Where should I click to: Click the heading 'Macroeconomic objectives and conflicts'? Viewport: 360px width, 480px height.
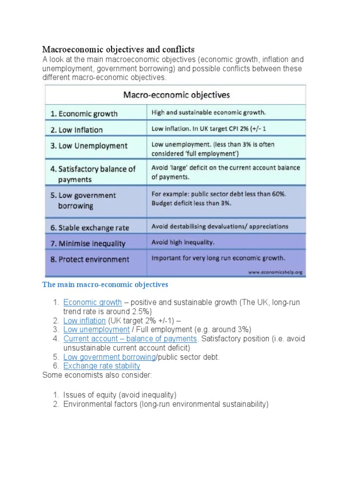tap(118, 49)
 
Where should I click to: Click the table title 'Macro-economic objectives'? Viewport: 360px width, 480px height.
tap(176, 95)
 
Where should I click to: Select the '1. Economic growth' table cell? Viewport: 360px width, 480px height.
tap(84, 113)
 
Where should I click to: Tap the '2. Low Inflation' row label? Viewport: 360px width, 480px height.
tap(76, 130)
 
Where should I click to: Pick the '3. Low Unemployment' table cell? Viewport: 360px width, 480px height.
tap(89, 146)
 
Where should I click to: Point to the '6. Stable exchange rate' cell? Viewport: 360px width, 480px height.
tap(90, 228)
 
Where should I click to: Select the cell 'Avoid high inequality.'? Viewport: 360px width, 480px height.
tap(183, 242)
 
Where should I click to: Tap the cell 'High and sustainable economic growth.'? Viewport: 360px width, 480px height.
tap(209, 112)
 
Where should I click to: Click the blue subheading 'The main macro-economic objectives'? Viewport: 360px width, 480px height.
tap(105, 285)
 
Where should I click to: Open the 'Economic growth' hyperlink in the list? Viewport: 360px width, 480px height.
tap(93, 302)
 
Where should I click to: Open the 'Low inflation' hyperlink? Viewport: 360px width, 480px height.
tap(85, 321)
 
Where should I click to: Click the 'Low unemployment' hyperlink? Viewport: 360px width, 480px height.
tap(97, 330)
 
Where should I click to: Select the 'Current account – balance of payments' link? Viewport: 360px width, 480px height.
tap(130, 338)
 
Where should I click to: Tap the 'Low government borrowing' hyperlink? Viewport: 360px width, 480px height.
tap(109, 357)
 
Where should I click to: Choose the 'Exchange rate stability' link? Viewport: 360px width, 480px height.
tap(102, 366)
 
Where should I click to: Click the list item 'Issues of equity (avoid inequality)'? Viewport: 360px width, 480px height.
tap(120, 395)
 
